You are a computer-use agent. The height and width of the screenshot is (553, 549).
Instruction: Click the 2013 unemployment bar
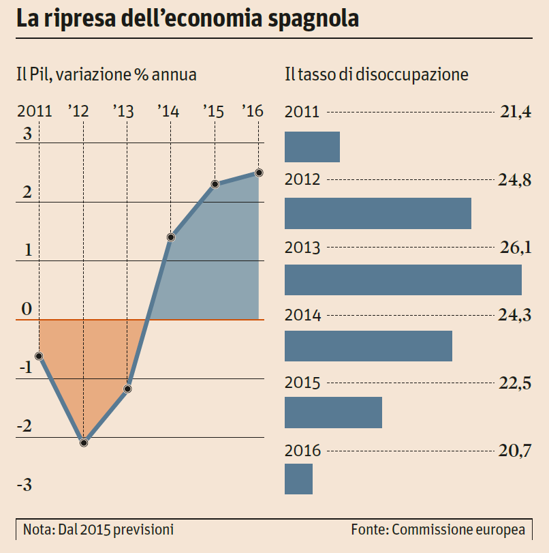pyautogui.click(x=403, y=280)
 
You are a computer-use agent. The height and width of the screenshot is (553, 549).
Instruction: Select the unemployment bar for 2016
pyautogui.click(x=298, y=479)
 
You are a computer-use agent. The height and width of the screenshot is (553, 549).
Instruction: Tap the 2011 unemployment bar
pyautogui.click(x=312, y=147)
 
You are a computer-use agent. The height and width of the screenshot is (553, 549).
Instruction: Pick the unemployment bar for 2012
pyautogui.click(x=378, y=213)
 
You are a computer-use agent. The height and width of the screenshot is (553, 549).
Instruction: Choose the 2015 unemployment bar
pyautogui.click(x=333, y=413)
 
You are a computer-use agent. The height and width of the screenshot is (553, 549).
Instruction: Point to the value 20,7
pyautogui.click(x=515, y=450)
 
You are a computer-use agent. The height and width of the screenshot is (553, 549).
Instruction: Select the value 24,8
pyautogui.click(x=515, y=180)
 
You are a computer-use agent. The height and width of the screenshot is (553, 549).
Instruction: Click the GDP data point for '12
pyautogui.click(x=84, y=443)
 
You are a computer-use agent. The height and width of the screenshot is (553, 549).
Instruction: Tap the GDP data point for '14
pyautogui.click(x=171, y=237)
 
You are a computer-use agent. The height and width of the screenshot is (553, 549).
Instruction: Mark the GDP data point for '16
pyautogui.click(x=260, y=173)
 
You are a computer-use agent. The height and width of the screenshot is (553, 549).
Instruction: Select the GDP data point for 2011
pyautogui.click(x=40, y=356)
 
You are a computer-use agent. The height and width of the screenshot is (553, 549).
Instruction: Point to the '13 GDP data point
pyautogui.click(x=127, y=389)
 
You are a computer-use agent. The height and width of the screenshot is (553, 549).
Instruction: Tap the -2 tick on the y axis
pyautogui.click(x=25, y=427)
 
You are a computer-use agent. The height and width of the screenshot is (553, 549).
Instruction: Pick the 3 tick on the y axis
pyautogui.click(x=27, y=134)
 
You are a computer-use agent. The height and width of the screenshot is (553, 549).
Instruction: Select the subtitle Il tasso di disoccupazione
pyautogui.click(x=376, y=74)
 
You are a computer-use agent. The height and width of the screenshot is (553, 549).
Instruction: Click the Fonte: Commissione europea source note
pyautogui.click(x=438, y=529)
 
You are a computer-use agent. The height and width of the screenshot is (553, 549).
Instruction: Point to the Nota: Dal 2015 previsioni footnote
pyautogui.click(x=98, y=529)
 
